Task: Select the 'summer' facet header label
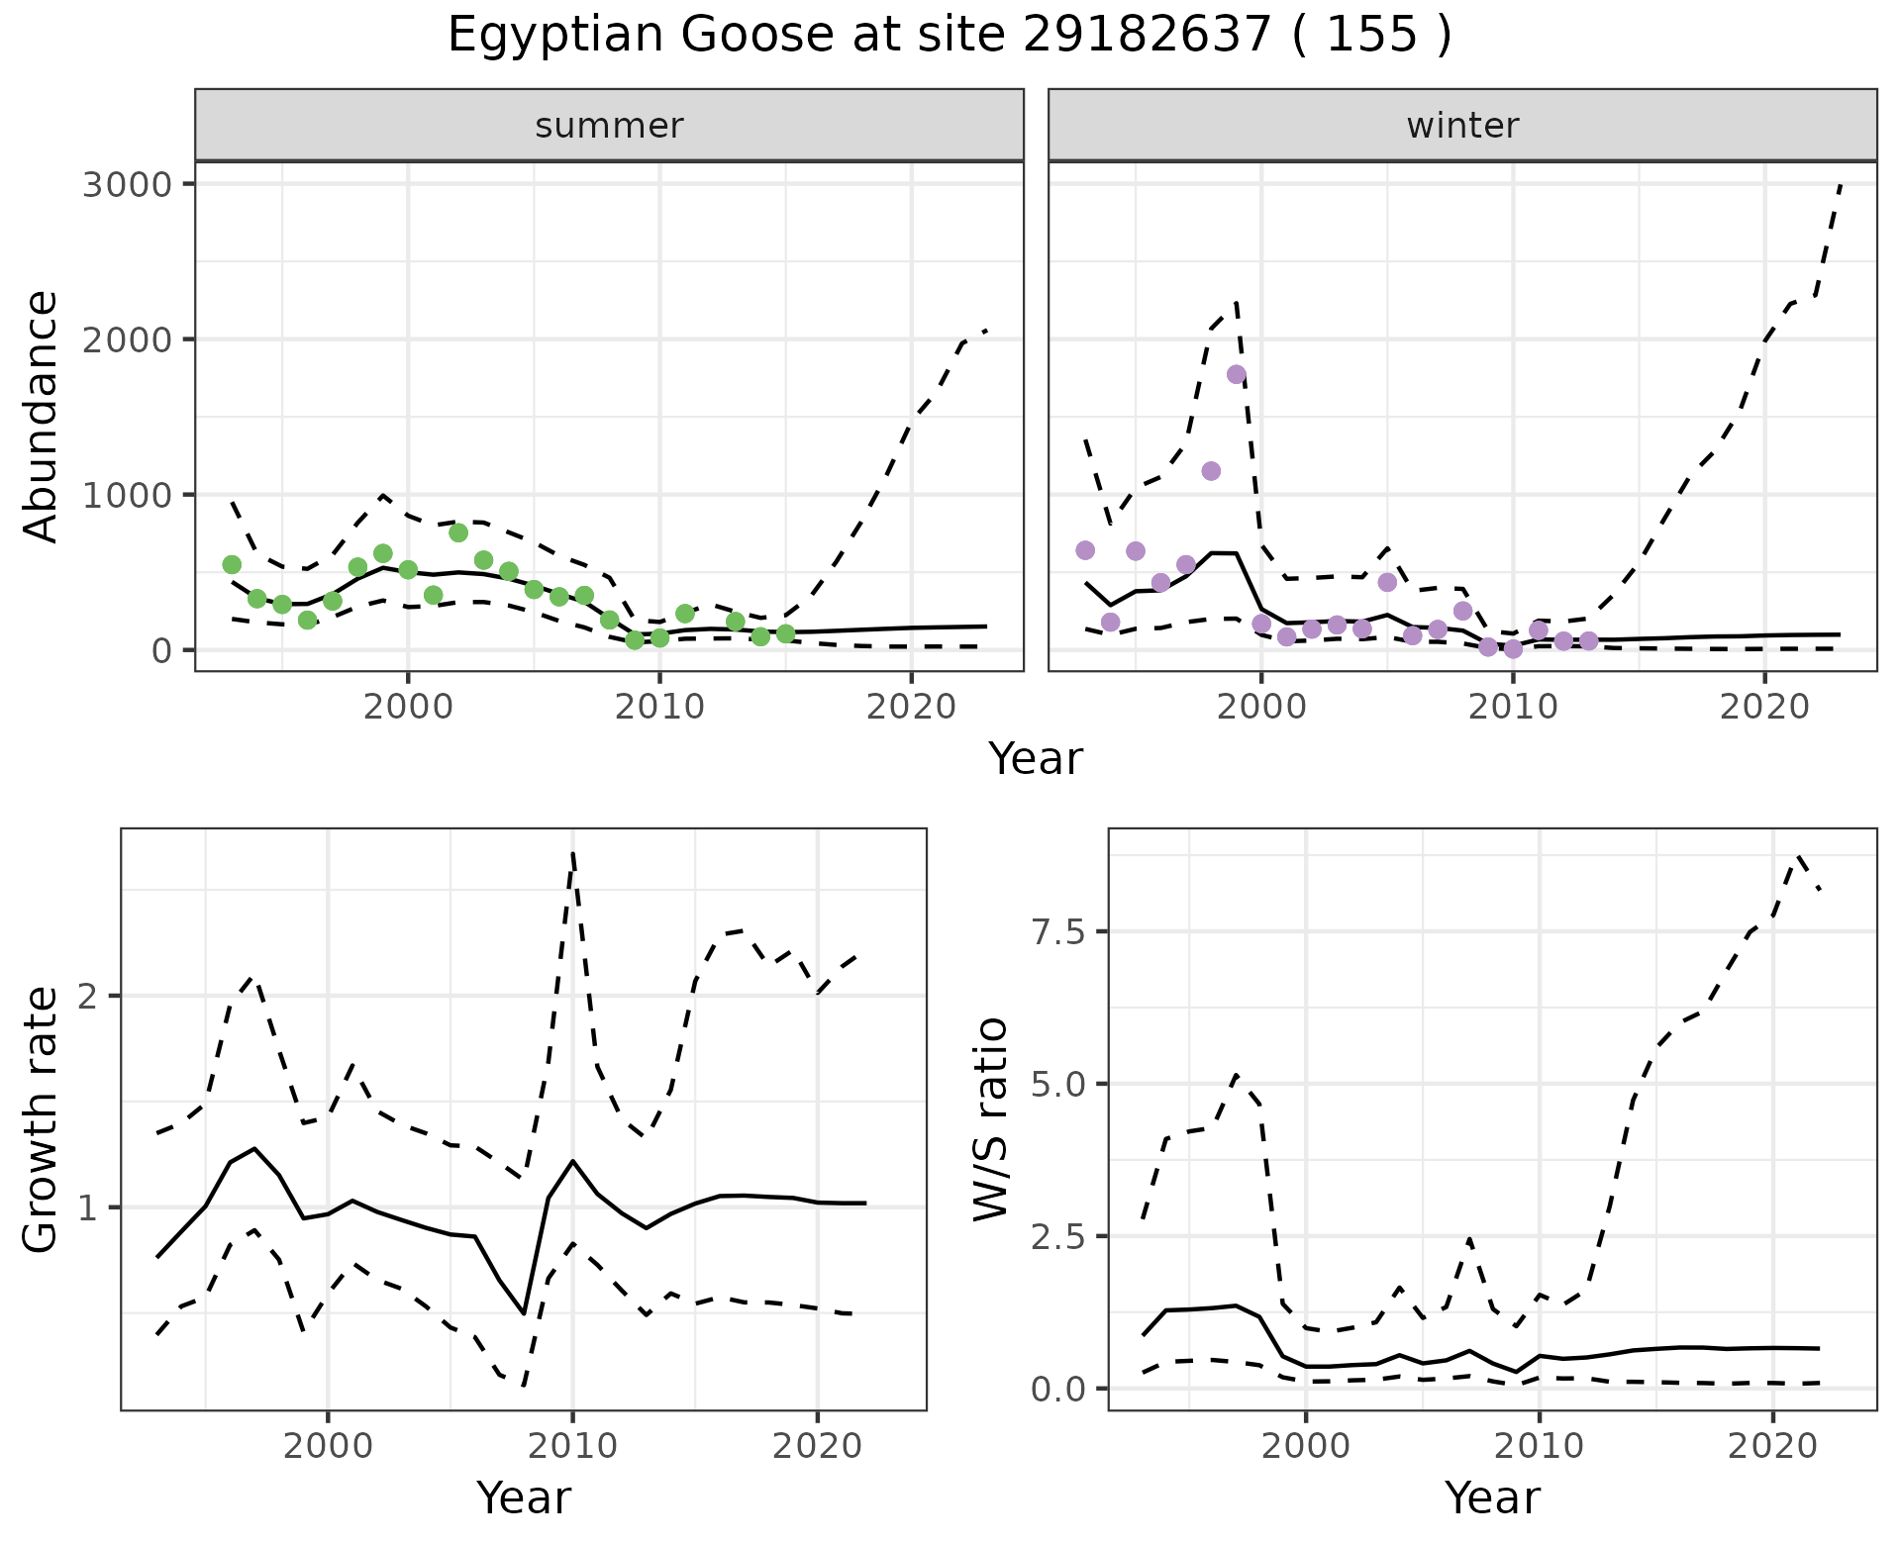pos(609,126)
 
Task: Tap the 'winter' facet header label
pos(1462,126)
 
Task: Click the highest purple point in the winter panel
pos(1236,374)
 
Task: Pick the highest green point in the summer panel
pos(457,532)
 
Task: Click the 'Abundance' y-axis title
pos(42,416)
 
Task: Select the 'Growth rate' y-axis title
pos(42,1120)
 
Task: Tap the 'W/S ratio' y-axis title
pos(990,1120)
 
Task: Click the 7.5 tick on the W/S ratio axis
pos(1058,932)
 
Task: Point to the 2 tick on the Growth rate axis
pos(96,997)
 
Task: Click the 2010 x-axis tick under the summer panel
pos(659,708)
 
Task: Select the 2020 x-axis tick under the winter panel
pos(1764,708)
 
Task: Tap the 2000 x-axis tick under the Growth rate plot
pos(328,1446)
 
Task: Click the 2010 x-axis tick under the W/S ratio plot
pos(1539,1446)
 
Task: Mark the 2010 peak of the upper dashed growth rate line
pos(573,853)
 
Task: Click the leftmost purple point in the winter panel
pos(1085,550)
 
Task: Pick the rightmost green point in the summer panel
pos(785,633)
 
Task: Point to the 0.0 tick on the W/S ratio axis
pos(1058,1390)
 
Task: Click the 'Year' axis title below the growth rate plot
pos(524,1497)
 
